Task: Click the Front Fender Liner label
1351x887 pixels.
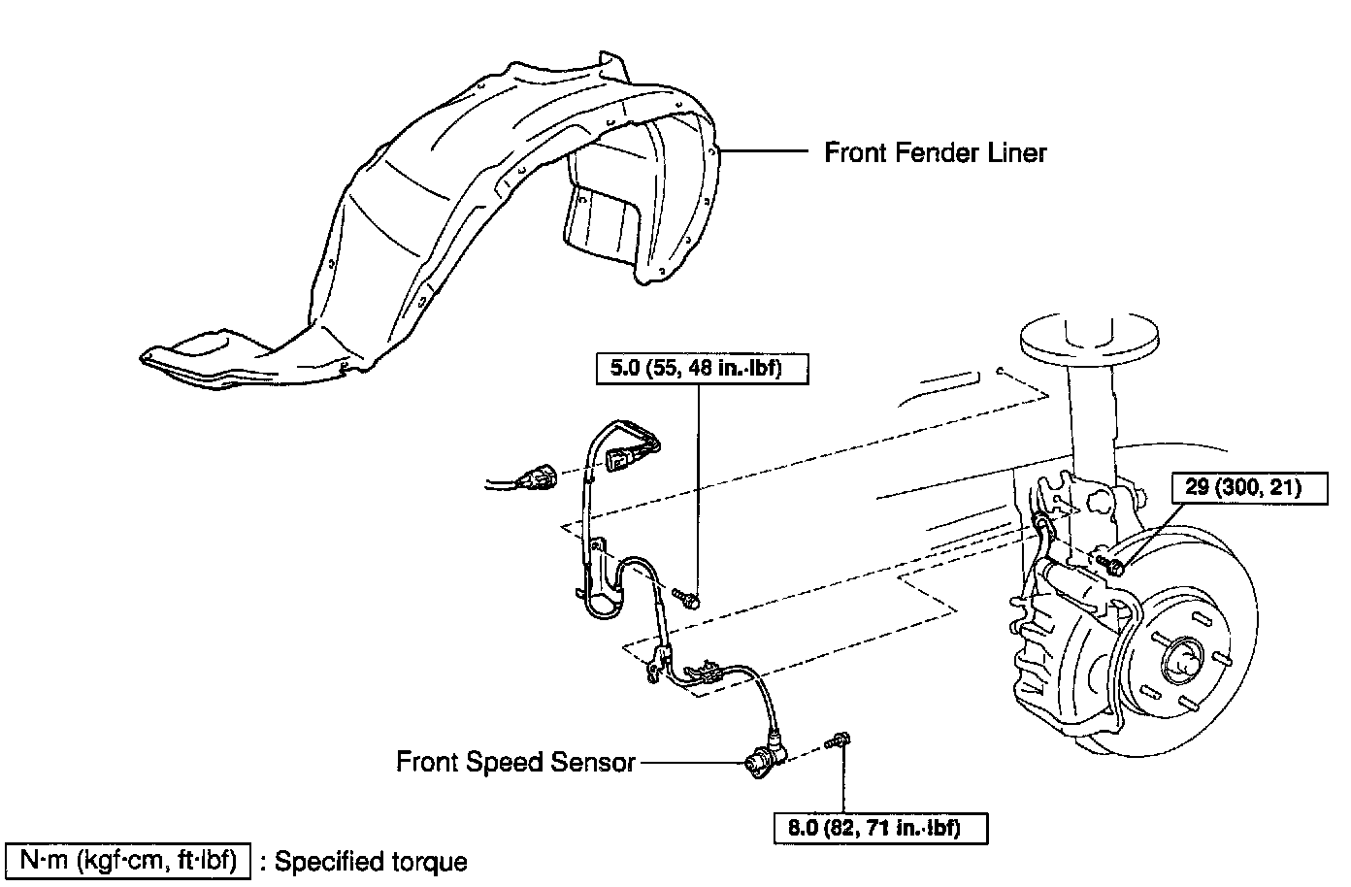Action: pyautogui.click(x=936, y=152)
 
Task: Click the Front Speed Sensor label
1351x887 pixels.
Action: pyautogui.click(x=515, y=762)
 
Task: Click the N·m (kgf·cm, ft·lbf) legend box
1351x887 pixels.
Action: pyautogui.click(x=129, y=860)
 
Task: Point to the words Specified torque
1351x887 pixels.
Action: pyautogui.click(x=371, y=862)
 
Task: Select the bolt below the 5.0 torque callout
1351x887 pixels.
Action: pyautogui.click(x=687, y=597)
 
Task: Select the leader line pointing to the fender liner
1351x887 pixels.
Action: pyautogui.click(x=767, y=151)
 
